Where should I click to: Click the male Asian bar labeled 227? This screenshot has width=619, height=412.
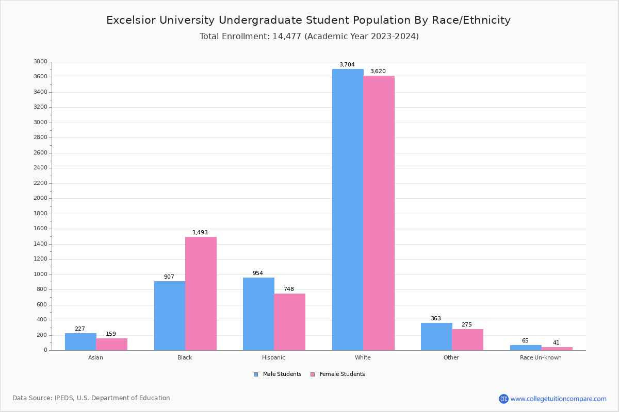pyautogui.click(x=80, y=341)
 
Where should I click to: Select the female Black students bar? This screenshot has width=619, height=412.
pyautogui.click(x=201, y=294)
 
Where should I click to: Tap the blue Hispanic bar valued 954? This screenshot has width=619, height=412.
pyautogui.click(x=258, y=314)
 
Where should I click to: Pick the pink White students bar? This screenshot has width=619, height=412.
pyautogui.click(x=379, y=213)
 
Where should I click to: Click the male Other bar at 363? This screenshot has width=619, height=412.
pyautogui.click(x=436, y=336)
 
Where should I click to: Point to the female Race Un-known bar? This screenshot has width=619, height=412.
pyautogui.click(x=557, y=349)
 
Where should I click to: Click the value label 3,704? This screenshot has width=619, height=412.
pyautogui.click(x=347, y=65)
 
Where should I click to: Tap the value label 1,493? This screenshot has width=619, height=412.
pyautogui.click(x=200, y=233)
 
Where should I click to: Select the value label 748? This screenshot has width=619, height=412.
pyautogui.click(x=289, y=289)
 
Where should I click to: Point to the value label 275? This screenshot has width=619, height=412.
pyautogui.click(x=466, y=325)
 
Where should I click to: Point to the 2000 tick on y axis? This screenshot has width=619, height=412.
pyautogui.click(x=41, y=198)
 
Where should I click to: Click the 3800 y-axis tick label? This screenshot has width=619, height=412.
pyautogui.click(x=41, y=62)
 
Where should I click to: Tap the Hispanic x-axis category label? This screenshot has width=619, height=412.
pyautogui.click(x=273, y=357)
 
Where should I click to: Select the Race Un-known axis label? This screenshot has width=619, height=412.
pyautogui.click(x=541, y=357)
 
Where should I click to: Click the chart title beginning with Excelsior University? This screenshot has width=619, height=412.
pyautogui.click(x=308, y=20)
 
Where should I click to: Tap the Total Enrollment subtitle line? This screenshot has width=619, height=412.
pyautogui.click(x=309, y=37)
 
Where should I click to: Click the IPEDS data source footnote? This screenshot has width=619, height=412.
pyautogui.click(x=91, y=398)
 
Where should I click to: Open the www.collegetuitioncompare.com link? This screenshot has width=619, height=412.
pyautogui.click(x=558, y=399)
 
